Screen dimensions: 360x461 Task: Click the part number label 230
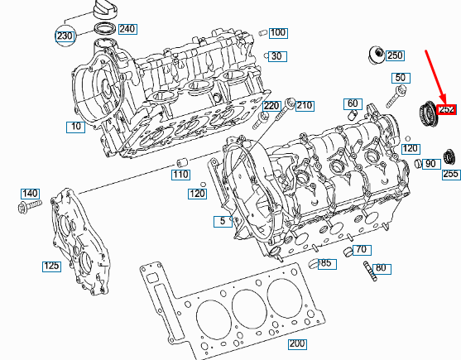(65, 36)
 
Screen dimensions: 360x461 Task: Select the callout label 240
(127, 29)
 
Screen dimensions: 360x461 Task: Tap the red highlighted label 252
(447, 109)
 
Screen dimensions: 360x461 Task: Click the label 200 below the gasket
(295, 344)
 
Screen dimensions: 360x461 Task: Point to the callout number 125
(52, 266)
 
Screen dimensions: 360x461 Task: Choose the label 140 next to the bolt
(30, 193)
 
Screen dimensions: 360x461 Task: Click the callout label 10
(77, 127)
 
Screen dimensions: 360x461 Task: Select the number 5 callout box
(221, 221)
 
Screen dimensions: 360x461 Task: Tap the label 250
(395, 55)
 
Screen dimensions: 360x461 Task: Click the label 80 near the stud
(381, 268)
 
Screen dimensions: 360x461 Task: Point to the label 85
(326, 264)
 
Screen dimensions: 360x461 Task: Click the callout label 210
(305, 106)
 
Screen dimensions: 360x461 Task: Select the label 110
(180, 175)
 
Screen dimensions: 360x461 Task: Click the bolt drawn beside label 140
(29, 204)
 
